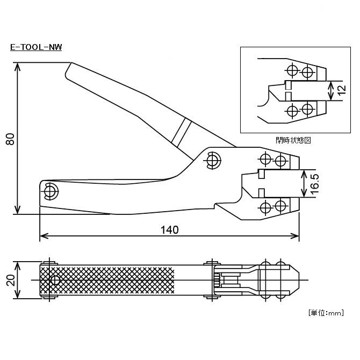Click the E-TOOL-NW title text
tap(36, 47)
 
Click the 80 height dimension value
tap(10, 139)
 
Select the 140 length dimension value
tap(169, 229)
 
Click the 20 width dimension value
tap(10, 280)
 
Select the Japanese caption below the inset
tap(293, 140)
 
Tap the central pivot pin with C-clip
tap(213, 160)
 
